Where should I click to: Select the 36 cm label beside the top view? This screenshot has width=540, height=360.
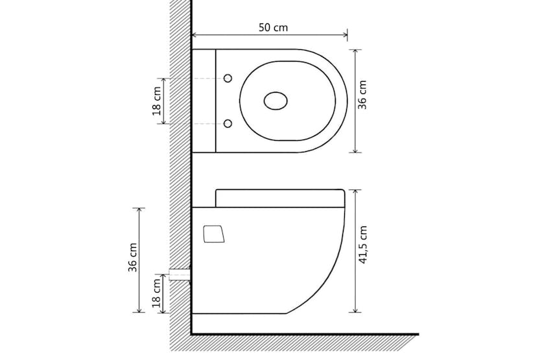pos(363,95)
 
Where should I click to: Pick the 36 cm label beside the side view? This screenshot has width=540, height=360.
pos(133,258)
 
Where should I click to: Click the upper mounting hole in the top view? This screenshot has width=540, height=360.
pos(228,78)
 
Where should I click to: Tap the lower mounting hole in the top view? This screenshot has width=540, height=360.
pos(228,123)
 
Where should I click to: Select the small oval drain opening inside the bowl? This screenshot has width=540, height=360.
pos(276,101)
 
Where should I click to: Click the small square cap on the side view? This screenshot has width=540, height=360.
pos(213,234)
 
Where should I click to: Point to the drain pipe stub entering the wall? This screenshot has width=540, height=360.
pos(179,274)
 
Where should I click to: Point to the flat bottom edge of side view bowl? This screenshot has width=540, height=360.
pos(240,314)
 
